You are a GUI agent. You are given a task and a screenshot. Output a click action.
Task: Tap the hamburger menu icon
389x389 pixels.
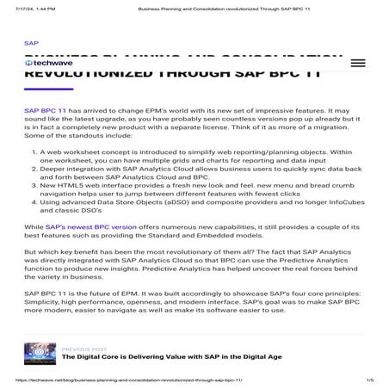pos(353,63)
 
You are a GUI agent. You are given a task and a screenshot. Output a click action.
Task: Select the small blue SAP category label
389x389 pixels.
pos(31,42)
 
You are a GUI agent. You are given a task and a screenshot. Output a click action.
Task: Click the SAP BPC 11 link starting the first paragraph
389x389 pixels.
pos(46,112)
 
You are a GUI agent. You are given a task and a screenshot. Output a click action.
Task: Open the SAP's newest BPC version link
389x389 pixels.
pos(100,225)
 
